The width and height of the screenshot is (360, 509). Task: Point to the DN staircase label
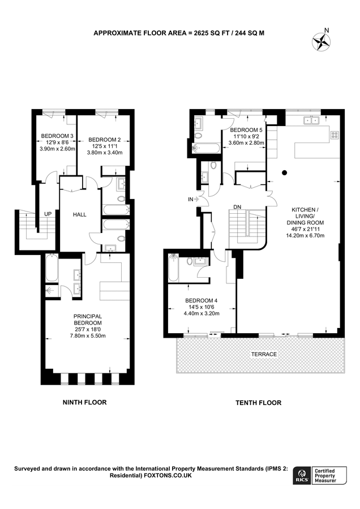(237, 208)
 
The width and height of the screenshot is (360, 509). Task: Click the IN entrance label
(192, 199)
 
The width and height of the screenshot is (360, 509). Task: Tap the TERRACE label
(264, 354)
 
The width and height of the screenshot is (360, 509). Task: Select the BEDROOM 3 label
(57, 136)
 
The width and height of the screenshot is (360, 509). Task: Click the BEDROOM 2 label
(104, 140)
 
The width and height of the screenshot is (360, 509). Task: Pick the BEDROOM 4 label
(201, 300)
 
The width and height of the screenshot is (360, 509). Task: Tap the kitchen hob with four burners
(335, 135)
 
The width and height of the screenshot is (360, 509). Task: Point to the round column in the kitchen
(285, 172)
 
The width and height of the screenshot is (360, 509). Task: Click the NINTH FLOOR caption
(84, 402)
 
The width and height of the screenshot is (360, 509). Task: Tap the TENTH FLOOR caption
(258, 403)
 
